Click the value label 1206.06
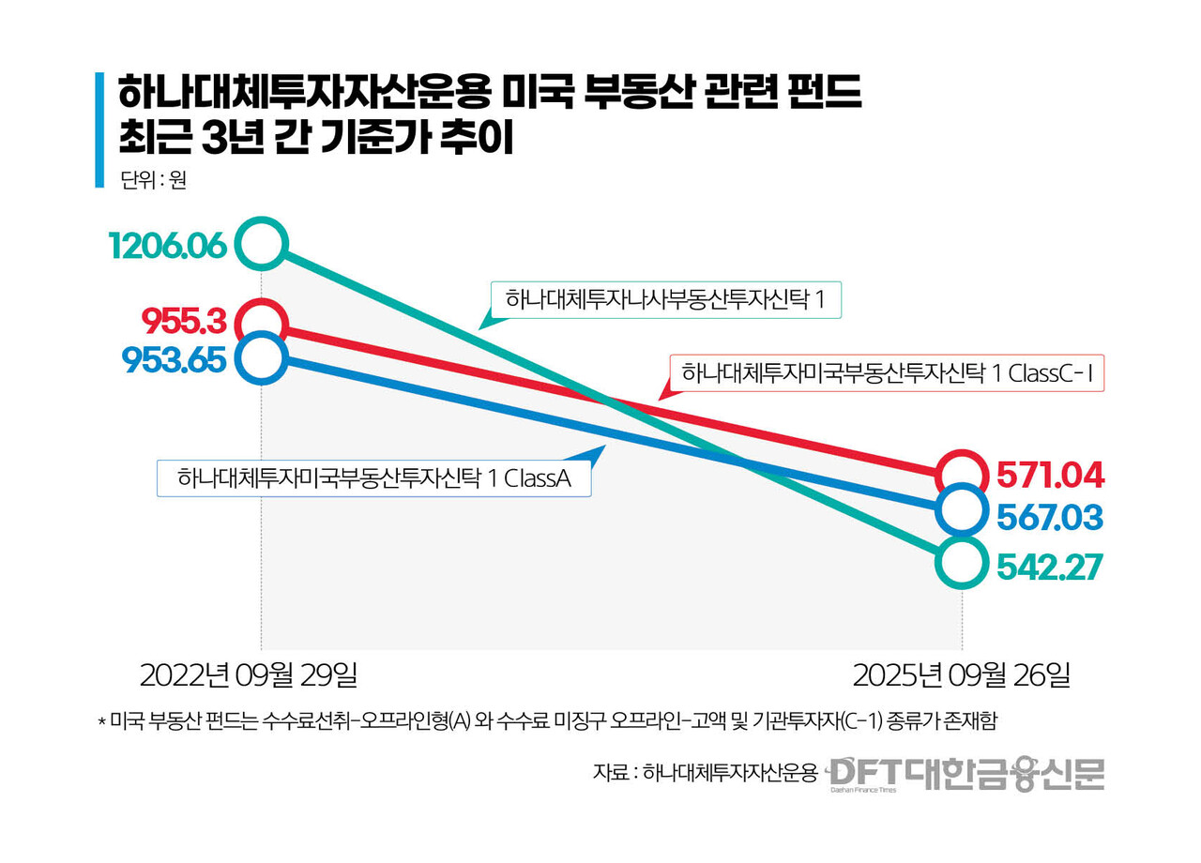(x=167, y=246)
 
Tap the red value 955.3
(x=184, y=322)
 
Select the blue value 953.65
(x=174, y=358)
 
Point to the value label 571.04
(x=1050, y=476)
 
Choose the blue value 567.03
(x=1050, y=518)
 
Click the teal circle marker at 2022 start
(x=261, y=244)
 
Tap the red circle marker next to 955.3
(x=261, y=321)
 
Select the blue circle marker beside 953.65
(x=261, y=357)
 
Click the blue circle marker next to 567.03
(x=963, y=510)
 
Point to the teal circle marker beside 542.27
(x=963, y=563)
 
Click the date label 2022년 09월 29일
(x=249, y=675)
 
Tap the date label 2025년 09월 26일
(x=961, y=675)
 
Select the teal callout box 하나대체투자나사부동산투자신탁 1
(x=665, y=300)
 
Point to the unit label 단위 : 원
(x=153, y=179)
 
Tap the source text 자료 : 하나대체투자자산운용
(x=705, y=773)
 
